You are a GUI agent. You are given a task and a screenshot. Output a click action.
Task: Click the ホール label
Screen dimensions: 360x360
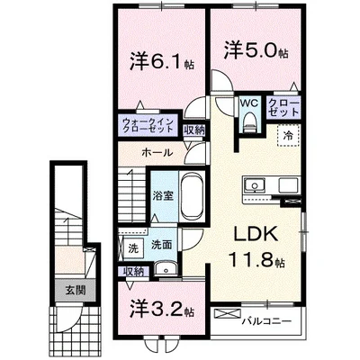point(151,154)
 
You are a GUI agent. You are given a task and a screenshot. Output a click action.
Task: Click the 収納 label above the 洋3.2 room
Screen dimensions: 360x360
point(134,270)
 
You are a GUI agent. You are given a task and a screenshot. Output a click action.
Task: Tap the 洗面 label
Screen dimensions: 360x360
point(161,243)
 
